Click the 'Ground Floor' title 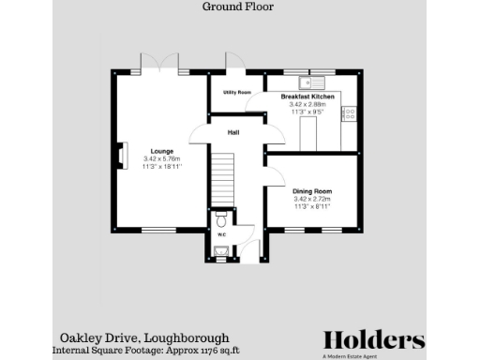pyautogui.click(x=232, y=6)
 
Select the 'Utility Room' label pyautogui.click(x=236, y=92)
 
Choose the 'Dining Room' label pyautogui.click(x=312, y=191)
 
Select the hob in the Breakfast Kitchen pyautogui.click(x=349, y=113)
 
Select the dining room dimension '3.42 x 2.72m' pyautogui.click(x=312, y=200)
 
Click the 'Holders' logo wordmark pyautogui.click(x=373, y=339)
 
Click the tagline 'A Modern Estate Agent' pyautogui.click(x=373, y=354)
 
